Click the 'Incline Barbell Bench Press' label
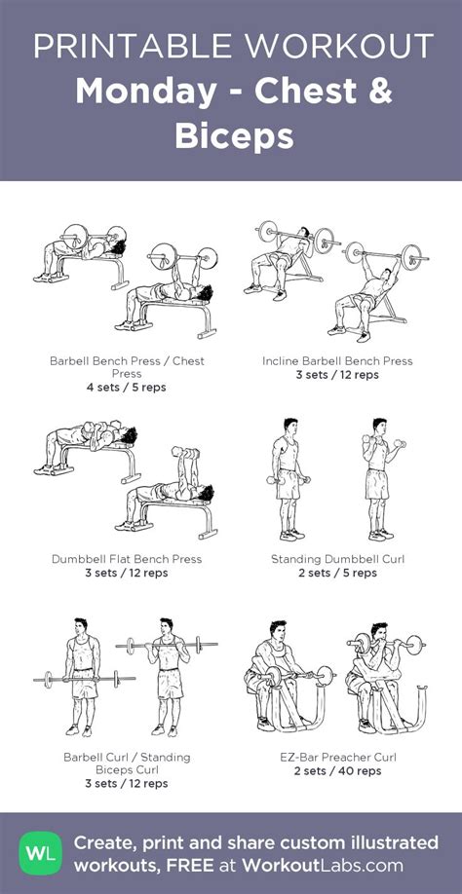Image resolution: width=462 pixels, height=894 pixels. coord(337,361)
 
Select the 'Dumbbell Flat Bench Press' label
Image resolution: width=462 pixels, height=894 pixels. coord(127,559)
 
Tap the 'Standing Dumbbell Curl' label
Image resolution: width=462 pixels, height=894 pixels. coord(337,559)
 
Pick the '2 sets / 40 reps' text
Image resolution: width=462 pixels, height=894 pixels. coord(337,770)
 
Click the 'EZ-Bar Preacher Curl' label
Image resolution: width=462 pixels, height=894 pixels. coord(337,757)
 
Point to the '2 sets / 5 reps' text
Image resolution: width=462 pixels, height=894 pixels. coord(337,573)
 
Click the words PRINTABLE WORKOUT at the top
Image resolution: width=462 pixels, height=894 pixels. coord(231,45)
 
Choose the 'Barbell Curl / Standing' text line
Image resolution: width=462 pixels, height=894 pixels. coord(127,757)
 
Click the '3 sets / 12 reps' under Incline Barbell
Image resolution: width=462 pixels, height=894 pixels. coord(337,375)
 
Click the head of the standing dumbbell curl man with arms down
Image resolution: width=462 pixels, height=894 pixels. coord(289,428)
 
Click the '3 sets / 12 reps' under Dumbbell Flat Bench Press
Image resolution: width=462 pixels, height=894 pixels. coord(127,573)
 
